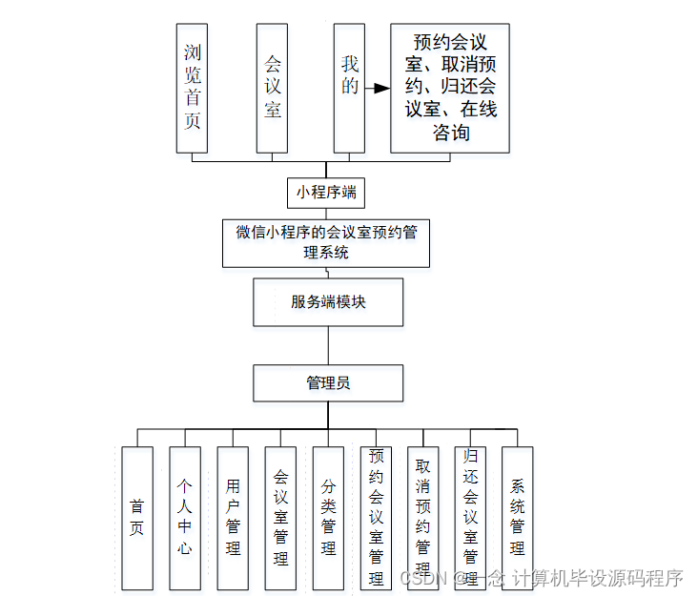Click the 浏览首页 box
192,89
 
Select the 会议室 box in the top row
272,89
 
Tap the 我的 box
349,89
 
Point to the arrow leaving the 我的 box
379,89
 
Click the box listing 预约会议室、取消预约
450,89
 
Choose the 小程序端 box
326,192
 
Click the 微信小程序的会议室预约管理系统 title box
326,242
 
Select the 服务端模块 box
328,302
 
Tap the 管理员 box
328,383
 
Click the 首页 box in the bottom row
137,518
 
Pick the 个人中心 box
185,518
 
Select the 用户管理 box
233,518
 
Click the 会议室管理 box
280,518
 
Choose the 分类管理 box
328,518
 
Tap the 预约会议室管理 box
376,518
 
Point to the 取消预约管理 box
422,518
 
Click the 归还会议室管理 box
470,518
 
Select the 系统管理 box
517,518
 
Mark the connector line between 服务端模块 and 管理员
328,345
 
